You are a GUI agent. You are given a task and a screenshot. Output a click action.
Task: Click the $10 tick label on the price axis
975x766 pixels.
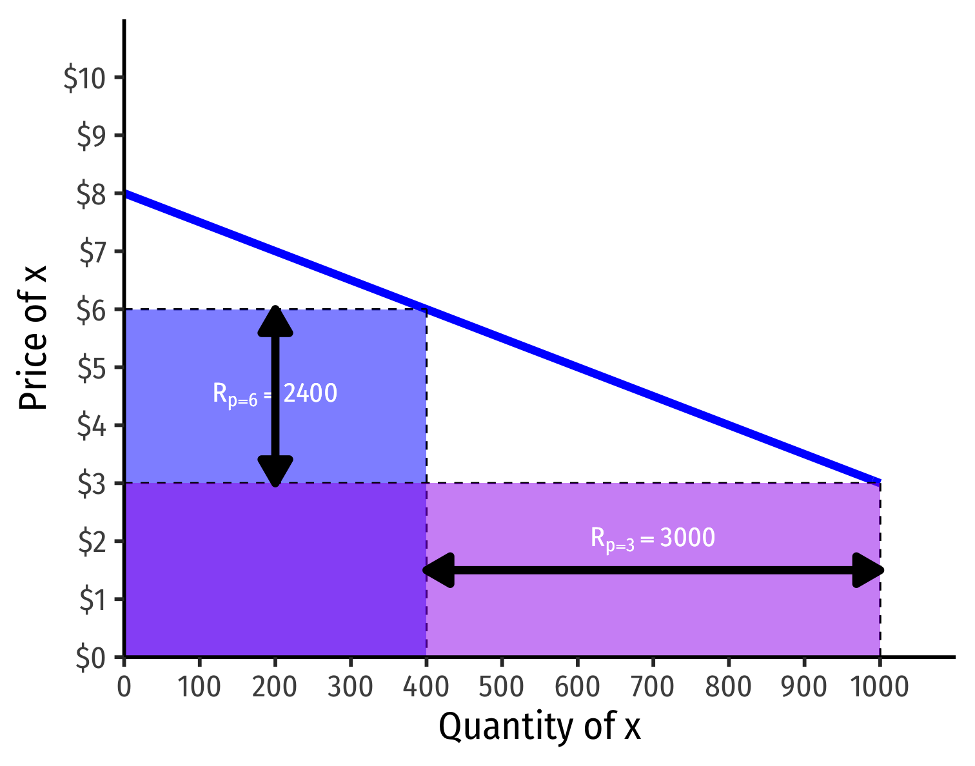84,78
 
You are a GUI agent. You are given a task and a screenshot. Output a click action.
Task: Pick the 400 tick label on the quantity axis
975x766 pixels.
426,688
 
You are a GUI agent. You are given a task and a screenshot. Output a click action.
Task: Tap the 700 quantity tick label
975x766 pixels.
653,688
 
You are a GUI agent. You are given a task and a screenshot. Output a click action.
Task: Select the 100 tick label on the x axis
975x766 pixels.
199,688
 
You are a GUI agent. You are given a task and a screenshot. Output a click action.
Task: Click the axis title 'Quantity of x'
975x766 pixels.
540,727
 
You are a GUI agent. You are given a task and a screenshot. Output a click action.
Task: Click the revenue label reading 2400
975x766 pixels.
275,394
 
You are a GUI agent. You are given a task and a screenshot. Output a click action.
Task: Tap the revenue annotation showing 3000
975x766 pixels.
653,538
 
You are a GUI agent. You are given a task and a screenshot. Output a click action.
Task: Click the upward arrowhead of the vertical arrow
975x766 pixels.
275,320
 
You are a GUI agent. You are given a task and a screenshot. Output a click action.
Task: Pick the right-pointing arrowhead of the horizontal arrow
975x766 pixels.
868,570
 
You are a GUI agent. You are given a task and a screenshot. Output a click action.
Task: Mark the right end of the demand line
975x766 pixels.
879,482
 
